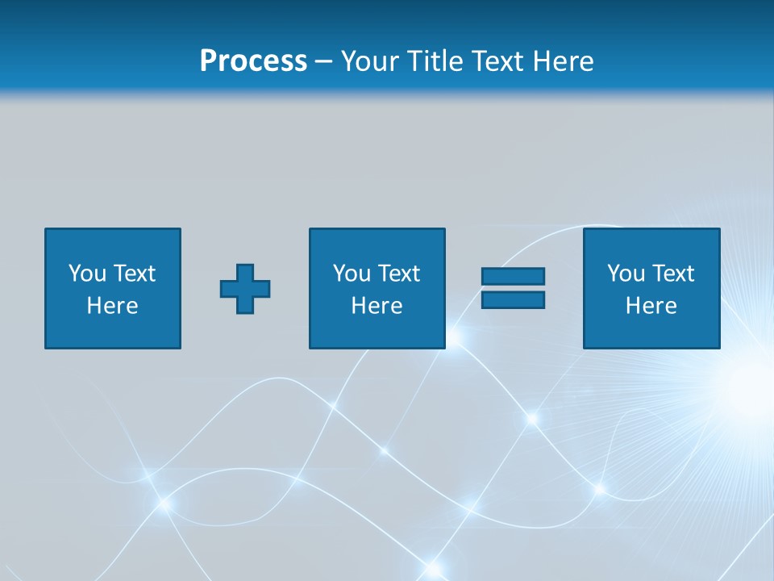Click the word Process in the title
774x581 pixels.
[x=253, y=61]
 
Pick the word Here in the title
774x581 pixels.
[x=564, y=61]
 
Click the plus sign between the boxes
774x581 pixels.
[x=245, y=289]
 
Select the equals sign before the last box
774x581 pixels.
[x=513, y=288]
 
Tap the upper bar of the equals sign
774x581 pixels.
[x=513, y=277]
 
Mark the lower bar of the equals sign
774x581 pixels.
[x=513, y=299]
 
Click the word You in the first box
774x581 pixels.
[x=87, y=274]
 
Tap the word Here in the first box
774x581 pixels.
[x=112, y=306]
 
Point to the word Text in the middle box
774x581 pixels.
[x=399, y=274]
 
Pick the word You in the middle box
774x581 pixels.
[x=352, y=274]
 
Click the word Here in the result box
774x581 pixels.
[x=651, y=306]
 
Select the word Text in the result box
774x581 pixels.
[x=673, y=274]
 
